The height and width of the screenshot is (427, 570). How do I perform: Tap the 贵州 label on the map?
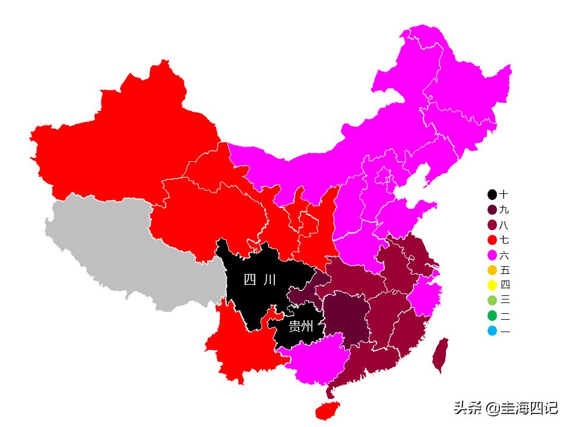click(x=301, y=326)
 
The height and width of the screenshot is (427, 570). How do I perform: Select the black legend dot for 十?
click(x=492, y=195)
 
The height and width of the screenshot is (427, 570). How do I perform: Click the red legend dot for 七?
click(x=492, y=240)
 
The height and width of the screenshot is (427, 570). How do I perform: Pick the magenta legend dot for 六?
click(x=492, y=256)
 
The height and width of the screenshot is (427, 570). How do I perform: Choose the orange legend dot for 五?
click(x=492, y=270)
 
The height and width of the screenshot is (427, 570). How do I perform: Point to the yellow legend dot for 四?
click(x=492, y=285)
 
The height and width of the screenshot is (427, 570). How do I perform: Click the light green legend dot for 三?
click(x=492, y=300)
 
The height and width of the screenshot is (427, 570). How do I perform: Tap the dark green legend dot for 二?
click(x=492, y=316)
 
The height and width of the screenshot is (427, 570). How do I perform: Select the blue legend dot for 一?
click(x=492, y=331)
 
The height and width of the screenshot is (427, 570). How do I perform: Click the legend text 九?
click(x=504, y=210)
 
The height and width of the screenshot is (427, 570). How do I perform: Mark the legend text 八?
click(x=504, y=225)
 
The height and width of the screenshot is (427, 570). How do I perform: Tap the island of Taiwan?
click(x=440, y=355)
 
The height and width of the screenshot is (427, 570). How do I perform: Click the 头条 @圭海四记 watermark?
click(x=505, y=407)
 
